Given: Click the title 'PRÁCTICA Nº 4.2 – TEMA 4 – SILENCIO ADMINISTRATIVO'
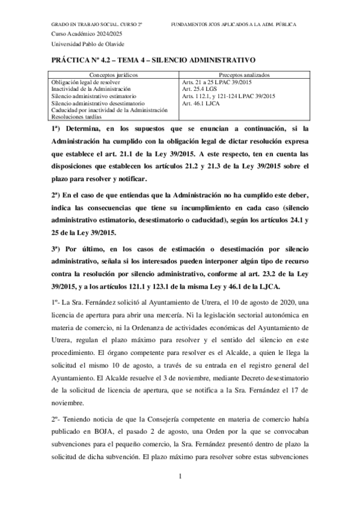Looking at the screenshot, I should [154, 61].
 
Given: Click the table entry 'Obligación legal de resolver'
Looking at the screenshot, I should [87, 82].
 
